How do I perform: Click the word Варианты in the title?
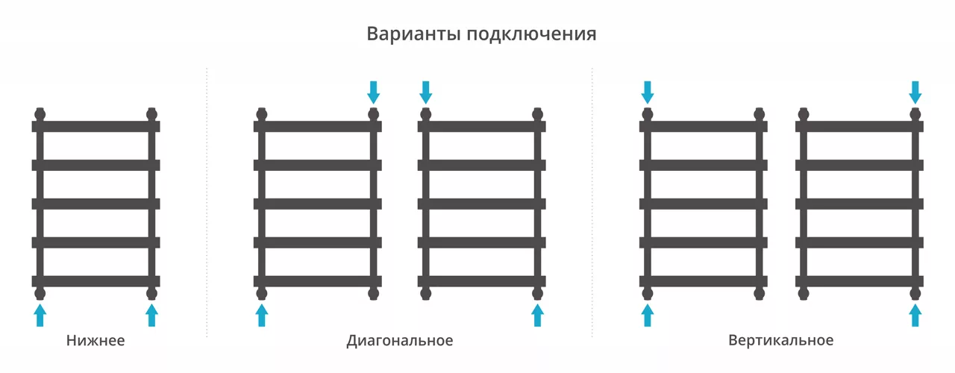click(x=413, y=34)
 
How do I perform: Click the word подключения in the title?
click(x=532, y=34)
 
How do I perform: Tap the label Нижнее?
click(x=95, y=340)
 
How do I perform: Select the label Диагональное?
click(x=399, y=341)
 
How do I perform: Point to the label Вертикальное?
click(x=780, y=340)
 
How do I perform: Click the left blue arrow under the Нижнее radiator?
click(x=40, y=315)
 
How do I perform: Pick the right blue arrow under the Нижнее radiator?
click(x=151, y=315)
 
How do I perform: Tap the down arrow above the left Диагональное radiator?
click(x=374, y=93)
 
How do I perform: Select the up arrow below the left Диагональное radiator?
click(x=262, y=315)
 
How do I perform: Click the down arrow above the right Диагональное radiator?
click(x=425, y=93)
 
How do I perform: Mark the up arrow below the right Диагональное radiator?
click(x=538, y=315)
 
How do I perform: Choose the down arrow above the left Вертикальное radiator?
click(x=648, y=93)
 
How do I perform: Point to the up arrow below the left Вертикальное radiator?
click(x=648, y=315)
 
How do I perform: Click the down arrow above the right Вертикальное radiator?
click(x=915, y=93)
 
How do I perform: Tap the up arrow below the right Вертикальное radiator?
click(x=915, y=315)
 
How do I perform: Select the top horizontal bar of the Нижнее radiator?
click(x=96, y=126)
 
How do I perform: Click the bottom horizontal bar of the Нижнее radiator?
click(x=96, y=281)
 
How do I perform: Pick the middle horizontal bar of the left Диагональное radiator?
click(x=318, y=204)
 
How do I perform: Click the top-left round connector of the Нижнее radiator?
click(x=40, y=114)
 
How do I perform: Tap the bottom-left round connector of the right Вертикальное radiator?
click(x=804, y=293)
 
